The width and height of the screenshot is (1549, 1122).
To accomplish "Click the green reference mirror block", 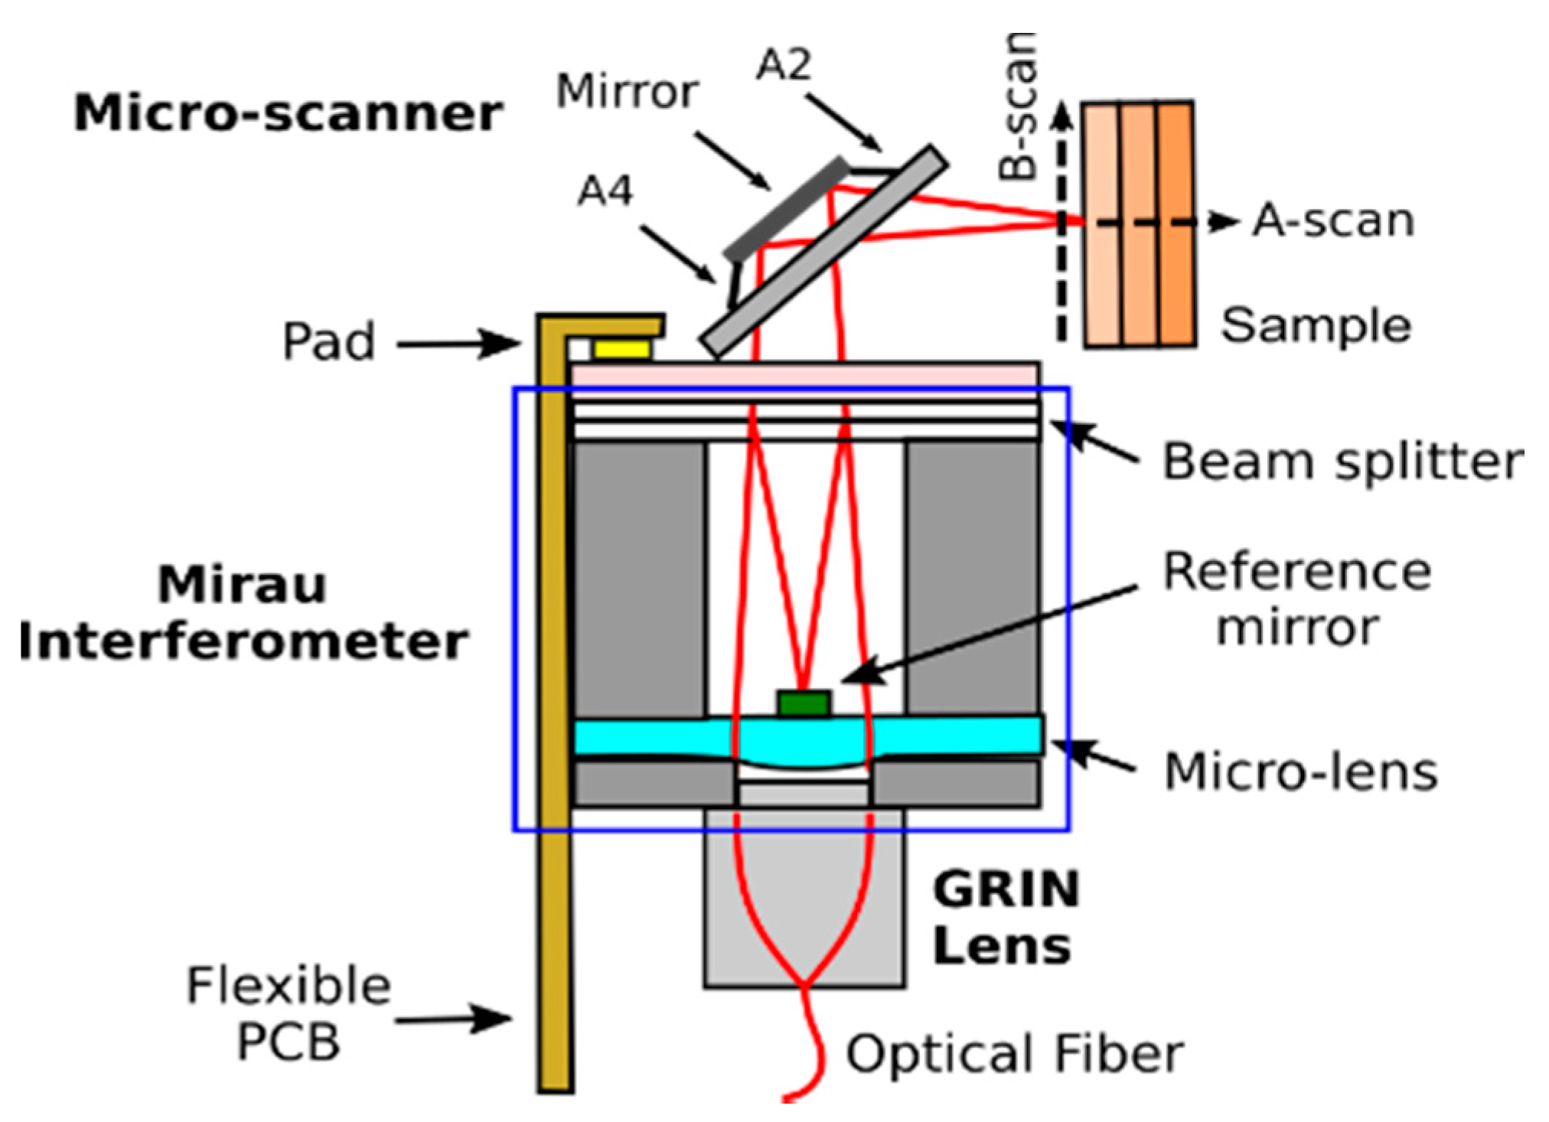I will tap(804, 703).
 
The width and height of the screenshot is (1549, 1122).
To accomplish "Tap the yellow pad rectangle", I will tap(621, 350).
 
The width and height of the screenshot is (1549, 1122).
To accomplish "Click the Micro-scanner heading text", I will tap(288, 114).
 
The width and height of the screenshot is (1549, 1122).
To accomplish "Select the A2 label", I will tap(783, 64).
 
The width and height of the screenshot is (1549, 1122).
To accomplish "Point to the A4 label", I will tap(605, 191).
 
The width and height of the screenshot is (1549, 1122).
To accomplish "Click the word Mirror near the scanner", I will tap(627, 92).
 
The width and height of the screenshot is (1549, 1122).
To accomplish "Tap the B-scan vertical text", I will tap(1019, 107).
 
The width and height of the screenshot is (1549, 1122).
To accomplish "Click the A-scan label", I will tap(1332, 221).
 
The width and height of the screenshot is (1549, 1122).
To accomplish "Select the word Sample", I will tap(1315, 325).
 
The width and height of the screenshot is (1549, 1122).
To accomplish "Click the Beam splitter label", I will tap(1342, 462).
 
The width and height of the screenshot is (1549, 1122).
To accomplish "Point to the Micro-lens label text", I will tap(1300, 771).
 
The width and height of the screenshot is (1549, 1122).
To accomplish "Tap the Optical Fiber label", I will tap(1014, 1053).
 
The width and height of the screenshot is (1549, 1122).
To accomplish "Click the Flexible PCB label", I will tap(289, 1013).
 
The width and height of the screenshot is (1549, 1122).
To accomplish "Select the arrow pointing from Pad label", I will tap(458, 344).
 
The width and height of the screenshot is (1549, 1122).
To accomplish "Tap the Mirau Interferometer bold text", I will tap(243, 612).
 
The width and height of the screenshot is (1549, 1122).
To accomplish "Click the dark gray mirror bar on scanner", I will tap(786, 207).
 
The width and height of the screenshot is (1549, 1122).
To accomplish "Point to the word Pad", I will tap(329, 341).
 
